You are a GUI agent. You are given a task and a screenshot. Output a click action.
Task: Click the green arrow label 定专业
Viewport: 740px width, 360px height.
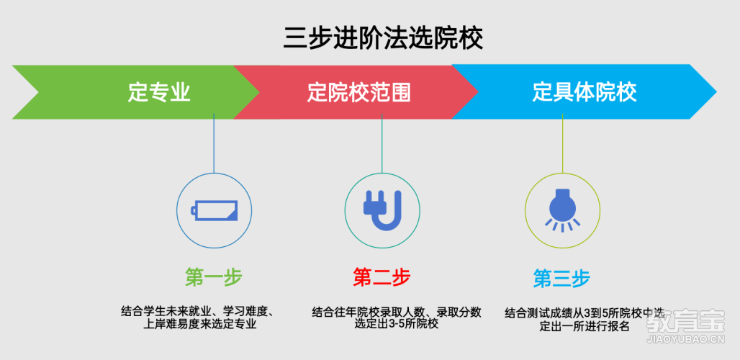[x=159, y=92]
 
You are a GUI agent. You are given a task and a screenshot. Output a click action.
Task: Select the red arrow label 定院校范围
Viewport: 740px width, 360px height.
[x=359, y=92]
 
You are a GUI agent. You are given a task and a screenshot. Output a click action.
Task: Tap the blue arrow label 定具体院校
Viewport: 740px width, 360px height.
[x=585, y=92]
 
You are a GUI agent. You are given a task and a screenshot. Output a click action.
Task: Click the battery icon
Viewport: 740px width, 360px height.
[x=215, y=210]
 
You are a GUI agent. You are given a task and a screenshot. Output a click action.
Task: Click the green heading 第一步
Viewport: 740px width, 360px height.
[x=213, y=278]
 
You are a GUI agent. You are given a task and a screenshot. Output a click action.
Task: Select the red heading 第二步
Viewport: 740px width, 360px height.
[x=382, y=277]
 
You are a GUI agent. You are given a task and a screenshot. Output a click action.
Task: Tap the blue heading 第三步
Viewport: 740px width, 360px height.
[x=561, y=279]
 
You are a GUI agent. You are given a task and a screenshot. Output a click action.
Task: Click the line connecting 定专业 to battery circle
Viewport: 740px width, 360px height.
[x=214, y=143]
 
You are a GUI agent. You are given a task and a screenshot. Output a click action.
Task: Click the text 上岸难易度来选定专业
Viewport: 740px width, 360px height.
[x=199, y=325]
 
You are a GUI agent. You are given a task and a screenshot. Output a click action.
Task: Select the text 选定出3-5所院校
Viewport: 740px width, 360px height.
[x=397, y=324]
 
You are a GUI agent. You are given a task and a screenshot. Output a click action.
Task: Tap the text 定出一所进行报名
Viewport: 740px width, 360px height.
[x=585, y=326]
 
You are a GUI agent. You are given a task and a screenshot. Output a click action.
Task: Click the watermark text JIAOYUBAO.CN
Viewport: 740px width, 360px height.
[x=686, y=338]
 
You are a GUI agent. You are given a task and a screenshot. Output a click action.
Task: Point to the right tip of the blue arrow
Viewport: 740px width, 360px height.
[x=716, y=91]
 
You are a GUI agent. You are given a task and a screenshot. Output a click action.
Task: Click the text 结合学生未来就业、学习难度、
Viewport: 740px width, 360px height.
[x=198, y=312]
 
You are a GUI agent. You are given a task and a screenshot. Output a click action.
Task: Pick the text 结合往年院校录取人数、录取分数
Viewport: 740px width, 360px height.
[x=397, y=312]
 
